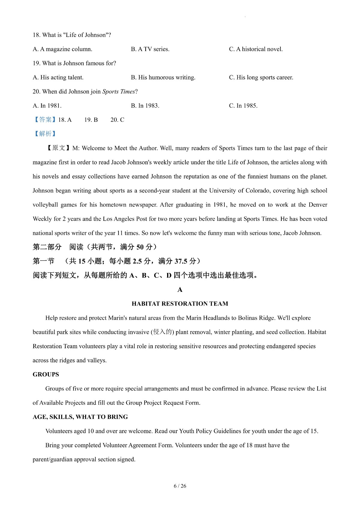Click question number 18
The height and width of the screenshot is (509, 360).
[x=36, y=35]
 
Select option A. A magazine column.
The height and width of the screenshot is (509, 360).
[x=62, y=49]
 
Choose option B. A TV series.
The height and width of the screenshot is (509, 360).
[x=150, y=49]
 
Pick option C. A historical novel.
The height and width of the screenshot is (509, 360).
[x=256, y=49]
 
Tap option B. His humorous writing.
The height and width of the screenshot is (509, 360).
[x=163, y=77]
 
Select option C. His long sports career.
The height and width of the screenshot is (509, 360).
[x=261, y=77]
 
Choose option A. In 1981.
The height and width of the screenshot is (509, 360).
[x=47, y=106]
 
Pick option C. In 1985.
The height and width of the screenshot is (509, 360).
[x=243, y=106]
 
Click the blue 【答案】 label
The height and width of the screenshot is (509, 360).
[x=45, y=120]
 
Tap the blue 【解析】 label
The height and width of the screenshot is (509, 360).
[x=45, y=134]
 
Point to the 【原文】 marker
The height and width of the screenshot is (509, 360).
[x=58, y=148]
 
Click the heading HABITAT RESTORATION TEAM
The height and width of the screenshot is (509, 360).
[x=180, y=304]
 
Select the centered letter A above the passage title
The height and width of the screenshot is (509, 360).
[x=180, y=290]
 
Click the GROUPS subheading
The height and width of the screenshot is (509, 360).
[x=46, y=375]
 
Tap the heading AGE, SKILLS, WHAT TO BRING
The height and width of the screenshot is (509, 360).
[x=80, y=417]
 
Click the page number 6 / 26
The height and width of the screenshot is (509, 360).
[x=180, y=486]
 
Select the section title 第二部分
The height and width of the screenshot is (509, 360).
[x=47, y=247]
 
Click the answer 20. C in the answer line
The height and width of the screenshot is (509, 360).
[x=117, y=120]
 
